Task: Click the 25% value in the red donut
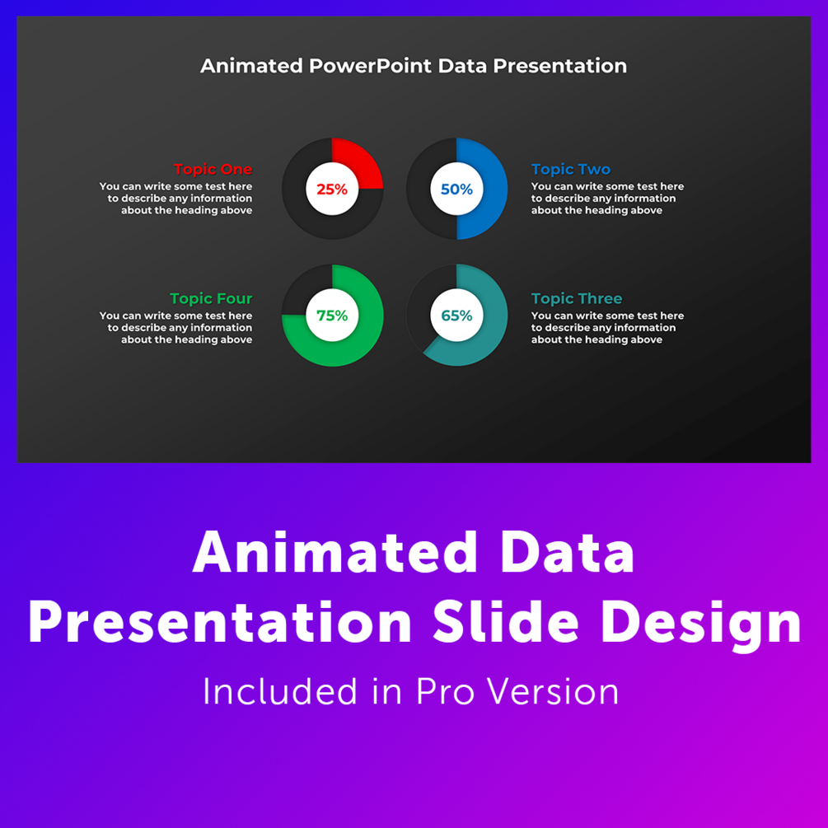(x=332, y=189)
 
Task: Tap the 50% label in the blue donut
(x=456, y=189)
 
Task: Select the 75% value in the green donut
(x=332, y=316)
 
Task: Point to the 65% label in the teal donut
(x=456, y=316)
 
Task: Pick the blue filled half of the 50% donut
(x=489, y=189)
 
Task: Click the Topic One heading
(x=213, y=170)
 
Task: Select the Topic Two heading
(x=571, y=170)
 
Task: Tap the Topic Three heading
(x=577, y=299)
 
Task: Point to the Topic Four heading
(x=211, y=299)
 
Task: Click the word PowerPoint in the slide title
(x=370, y=66)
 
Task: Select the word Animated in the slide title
(x=251, y=66)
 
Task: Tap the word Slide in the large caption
(x=505, y=623)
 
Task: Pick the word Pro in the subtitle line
(x=445, y=691)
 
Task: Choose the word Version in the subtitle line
(x=552, y=691)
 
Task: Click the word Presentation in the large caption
(x=220, y=623)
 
